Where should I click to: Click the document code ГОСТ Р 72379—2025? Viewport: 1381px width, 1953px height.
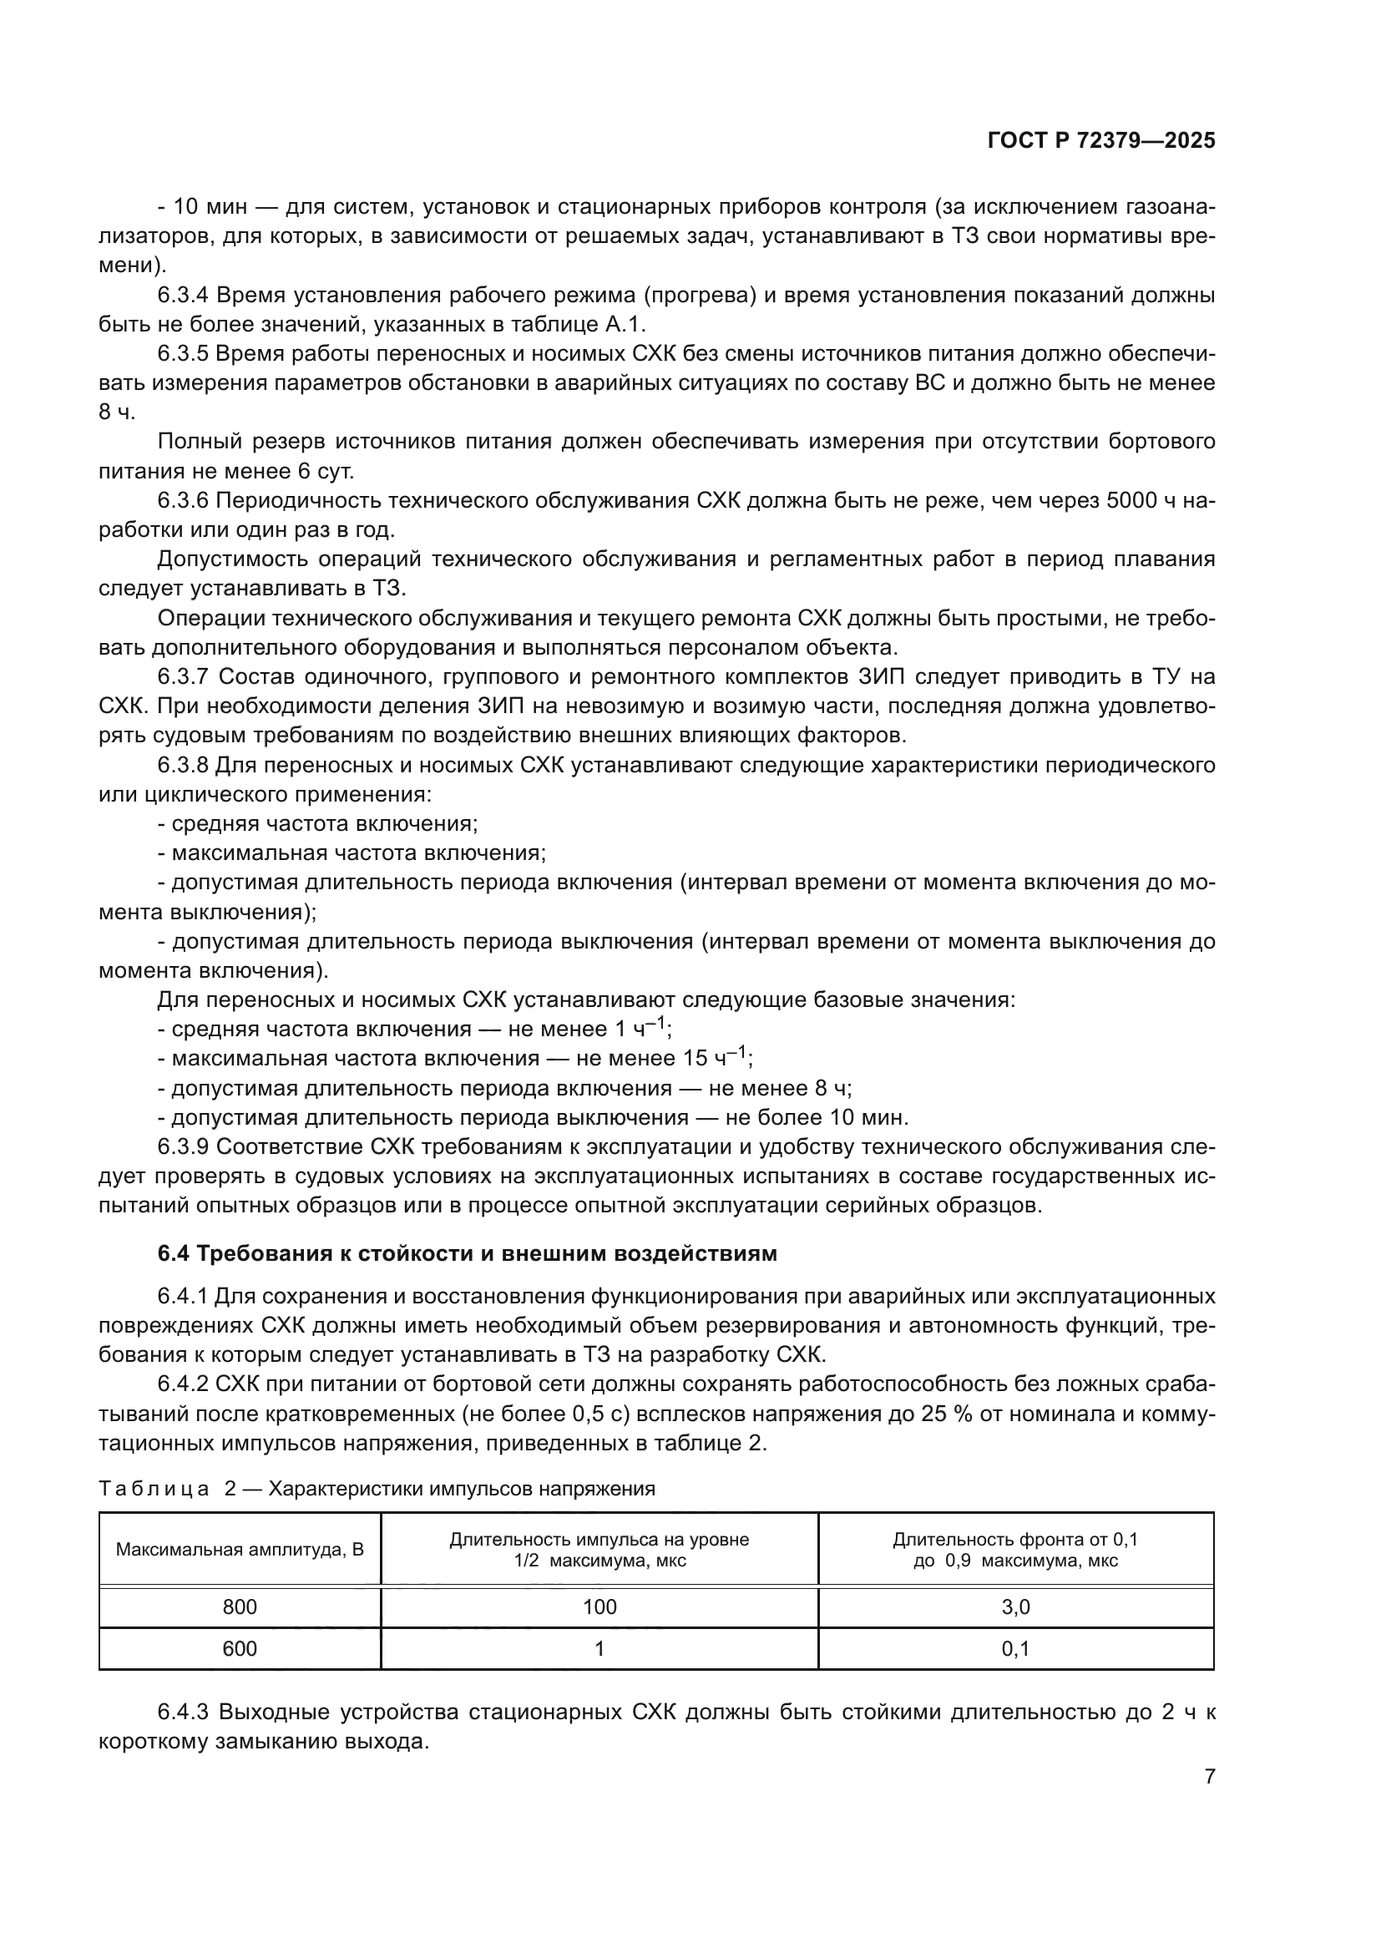point(1101,141)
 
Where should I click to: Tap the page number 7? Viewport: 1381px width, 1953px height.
point(1209,1776)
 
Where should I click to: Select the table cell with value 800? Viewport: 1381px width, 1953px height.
point(239,1606)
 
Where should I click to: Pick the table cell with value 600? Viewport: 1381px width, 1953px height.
point(239,1648)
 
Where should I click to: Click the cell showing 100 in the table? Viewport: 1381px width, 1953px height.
point(599,1606)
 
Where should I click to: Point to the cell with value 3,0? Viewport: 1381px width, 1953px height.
point(1015,1606)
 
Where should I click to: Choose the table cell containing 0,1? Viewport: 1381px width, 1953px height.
point(1015,1648)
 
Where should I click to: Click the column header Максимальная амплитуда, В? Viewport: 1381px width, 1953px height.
point(239,1549)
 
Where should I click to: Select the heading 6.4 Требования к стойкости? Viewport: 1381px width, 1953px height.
point(467,1253)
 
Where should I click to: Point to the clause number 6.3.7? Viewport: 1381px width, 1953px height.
point(183,677)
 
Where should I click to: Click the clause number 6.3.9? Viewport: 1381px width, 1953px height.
point(183,1146)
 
